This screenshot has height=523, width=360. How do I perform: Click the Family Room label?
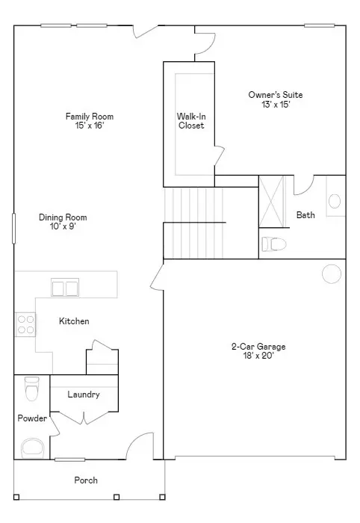pyautogui.click(x=89, y=116)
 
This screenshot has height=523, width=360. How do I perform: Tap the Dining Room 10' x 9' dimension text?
pyautogui.click(x=58, y=226)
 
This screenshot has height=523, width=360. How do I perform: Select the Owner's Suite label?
pyautogui.click(x=275, y=95)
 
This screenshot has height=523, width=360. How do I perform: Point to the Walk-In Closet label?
pyautogui.click(x=190, y=120)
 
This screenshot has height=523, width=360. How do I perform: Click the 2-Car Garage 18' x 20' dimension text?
pyautogui.click(x=258, y=356)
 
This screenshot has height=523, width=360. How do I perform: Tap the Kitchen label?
pyautogui.click(x=74, y=321)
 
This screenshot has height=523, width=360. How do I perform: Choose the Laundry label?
pyautogui.click(x=83, y=394)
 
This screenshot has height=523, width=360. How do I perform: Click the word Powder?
pyautogui.click(x=32, y=418)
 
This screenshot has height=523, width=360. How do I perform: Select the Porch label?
pyautogui.click(x=85, y=480)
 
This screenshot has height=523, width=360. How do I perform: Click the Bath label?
pyautogui.click(x=305, y=215)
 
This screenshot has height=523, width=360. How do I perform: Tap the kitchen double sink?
pyautogui.click(x=65, y=288)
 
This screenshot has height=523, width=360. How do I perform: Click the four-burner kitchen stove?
pyautogui.click(x=25, y=323)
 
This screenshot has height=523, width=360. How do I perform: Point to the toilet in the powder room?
pyautogui.click(x=31, y=389)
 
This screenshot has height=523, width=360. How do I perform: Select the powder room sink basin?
pyautogui.click(x=32, y=447)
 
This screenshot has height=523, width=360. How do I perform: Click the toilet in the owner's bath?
pyautogui.click(x=275, y=244)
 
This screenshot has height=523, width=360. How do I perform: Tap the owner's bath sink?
pyautogui.click(x=334, y=200)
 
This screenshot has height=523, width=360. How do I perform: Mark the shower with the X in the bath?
pyautogui.click(x=273, y=202)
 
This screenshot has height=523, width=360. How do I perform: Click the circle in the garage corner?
pyautogui.click(x=331, y=273)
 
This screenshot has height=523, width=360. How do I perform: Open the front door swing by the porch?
pyautogui.click(x=140, y=447)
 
